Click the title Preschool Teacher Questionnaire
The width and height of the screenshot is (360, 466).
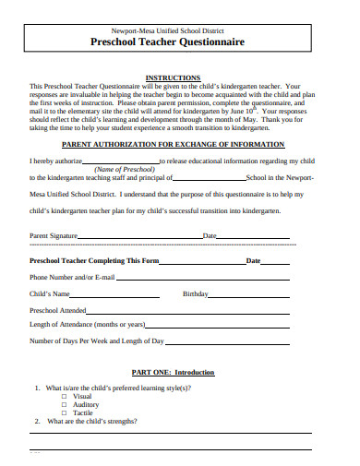point(180,42)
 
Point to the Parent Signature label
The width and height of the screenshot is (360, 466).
point(54,235)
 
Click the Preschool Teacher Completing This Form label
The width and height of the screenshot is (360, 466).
point(95,260)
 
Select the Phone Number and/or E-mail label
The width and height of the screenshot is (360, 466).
point(72,277)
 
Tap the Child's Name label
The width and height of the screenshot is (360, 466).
point(50,293)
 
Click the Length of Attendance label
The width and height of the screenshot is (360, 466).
point(88,325)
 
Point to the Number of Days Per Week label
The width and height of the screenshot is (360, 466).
point(97,341)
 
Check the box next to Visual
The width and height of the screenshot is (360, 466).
point(65,396)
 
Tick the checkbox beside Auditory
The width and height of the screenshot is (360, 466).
point(65,404)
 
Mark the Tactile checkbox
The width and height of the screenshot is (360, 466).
point(65,412)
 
